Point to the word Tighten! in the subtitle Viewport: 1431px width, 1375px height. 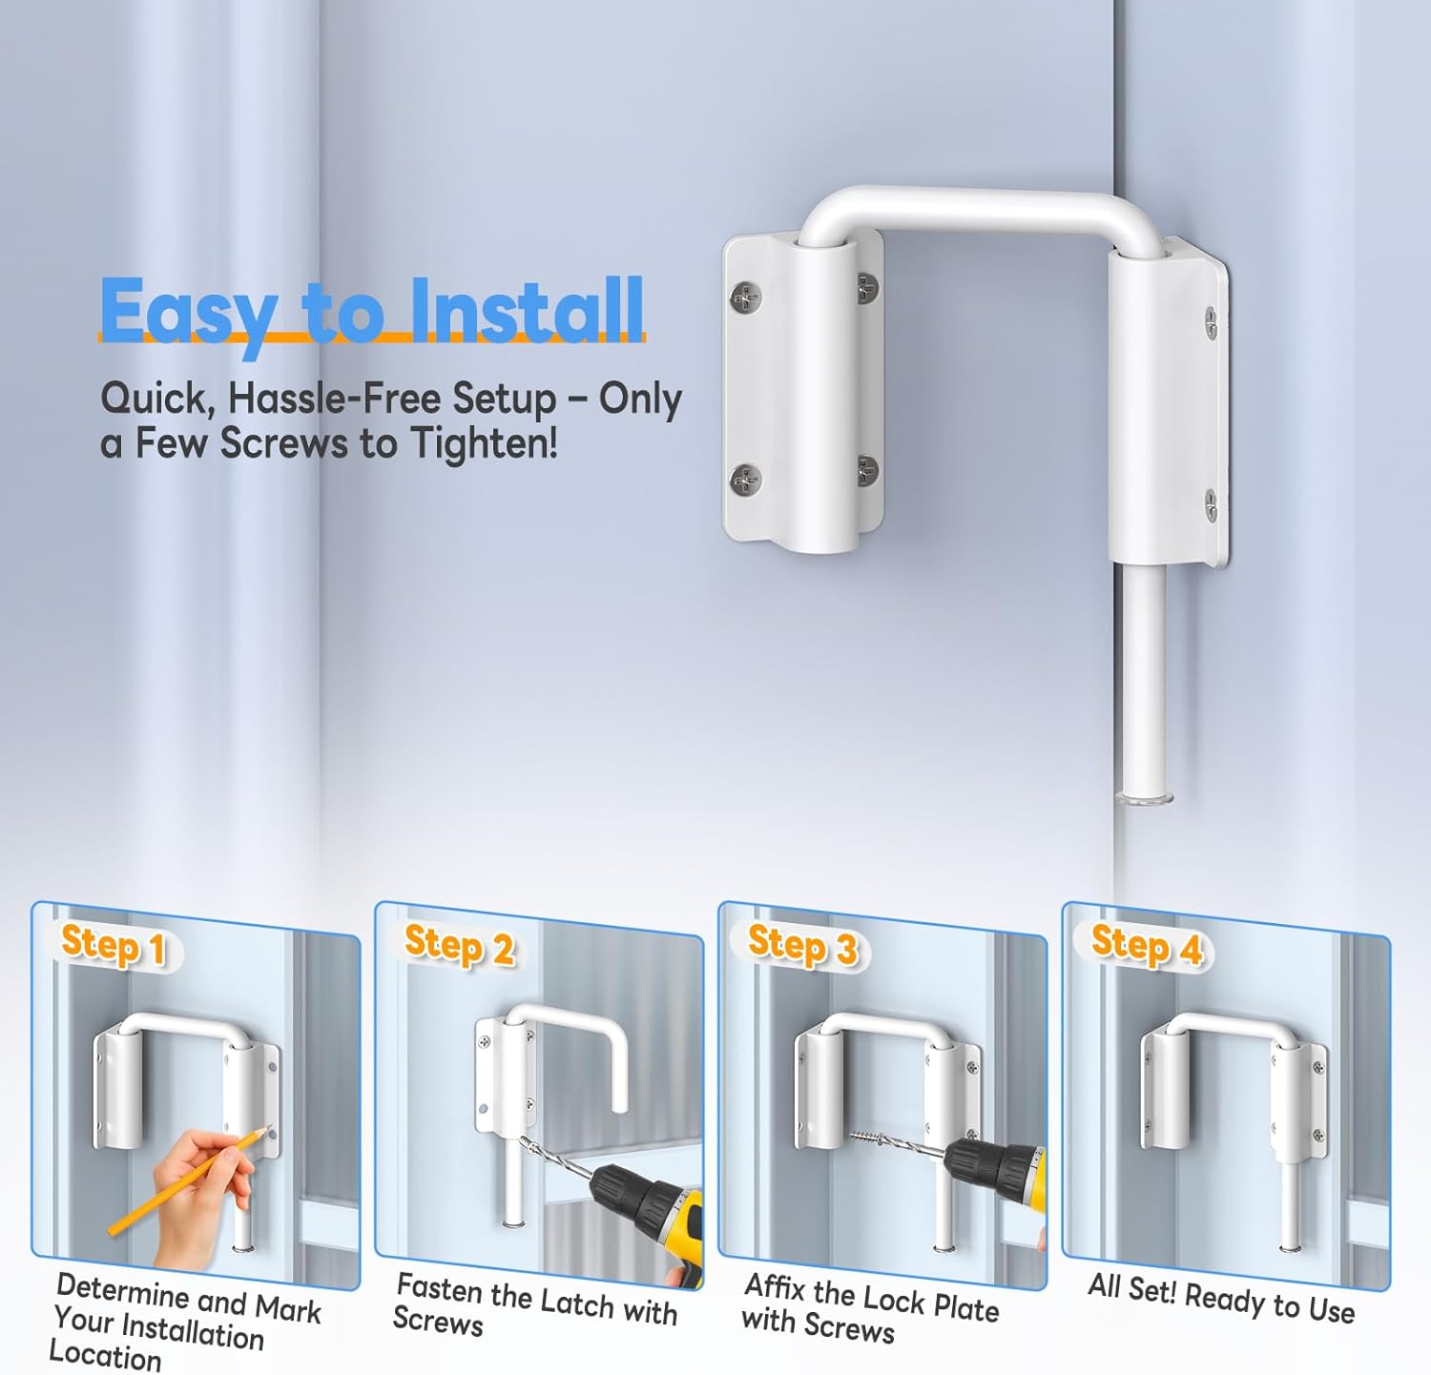pos(484,443)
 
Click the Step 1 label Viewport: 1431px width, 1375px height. pos(114,946)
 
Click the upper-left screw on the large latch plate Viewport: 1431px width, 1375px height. pos(745,298)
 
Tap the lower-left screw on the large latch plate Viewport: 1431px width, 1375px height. pos(745,481)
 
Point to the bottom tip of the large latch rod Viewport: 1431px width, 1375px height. pos(1144,801)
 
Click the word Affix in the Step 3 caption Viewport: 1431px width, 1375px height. pos(776,1288)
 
